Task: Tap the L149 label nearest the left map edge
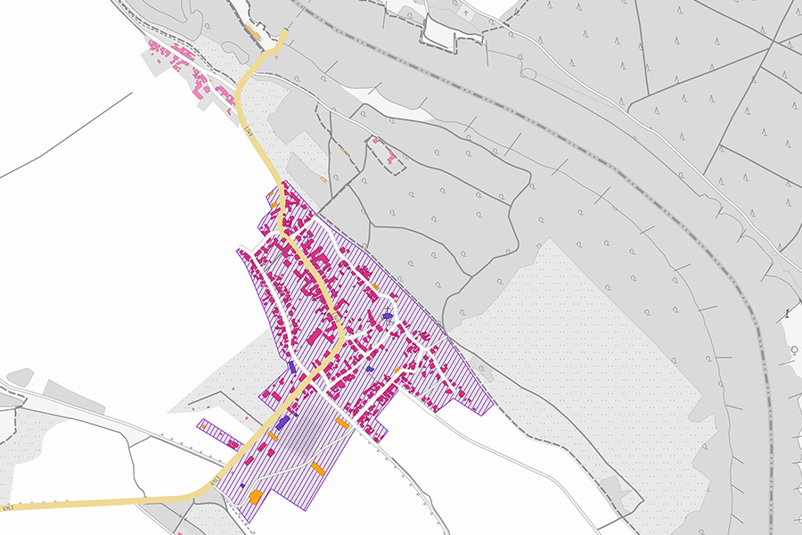[x=8, y=507]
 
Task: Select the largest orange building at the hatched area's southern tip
[x=254, y=496]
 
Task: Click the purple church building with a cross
[x=388, y=316]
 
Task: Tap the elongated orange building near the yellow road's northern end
[x=254, y=34]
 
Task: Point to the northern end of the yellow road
[x=284, y=33]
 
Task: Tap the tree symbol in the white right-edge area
[x=792, y=352]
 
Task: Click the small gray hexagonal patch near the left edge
[x=20, y=377]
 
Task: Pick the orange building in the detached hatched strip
[x=206, y=427]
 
